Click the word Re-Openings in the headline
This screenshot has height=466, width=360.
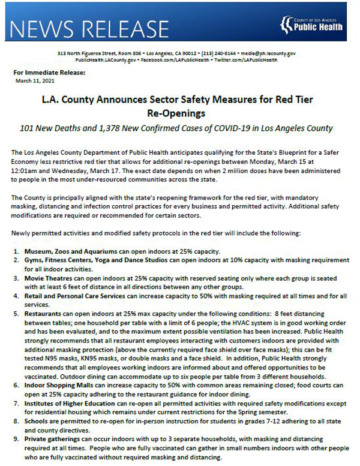[x=179, y=112]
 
